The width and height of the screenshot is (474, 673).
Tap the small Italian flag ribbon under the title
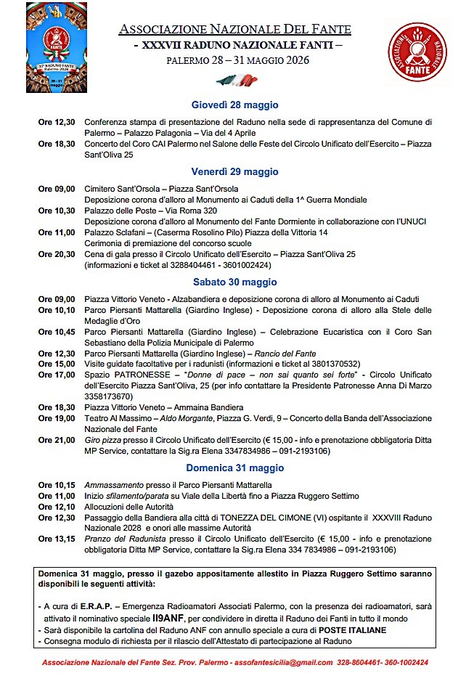(x=236, y=79)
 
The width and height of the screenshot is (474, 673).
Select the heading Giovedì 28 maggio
(x=234, y=105)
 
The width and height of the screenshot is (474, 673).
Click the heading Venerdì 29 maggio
(x=234, y=172)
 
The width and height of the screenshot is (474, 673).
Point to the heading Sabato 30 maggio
(x=234, y=282)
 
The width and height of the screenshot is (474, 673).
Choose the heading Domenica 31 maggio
(x=234, y=468)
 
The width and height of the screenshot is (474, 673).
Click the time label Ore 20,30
(x=57, y=254)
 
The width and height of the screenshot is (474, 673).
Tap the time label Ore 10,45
(x=57, y=332)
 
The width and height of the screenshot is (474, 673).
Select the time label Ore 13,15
(x=57, y=539)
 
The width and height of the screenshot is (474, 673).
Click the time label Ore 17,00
(x=57, y=375)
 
